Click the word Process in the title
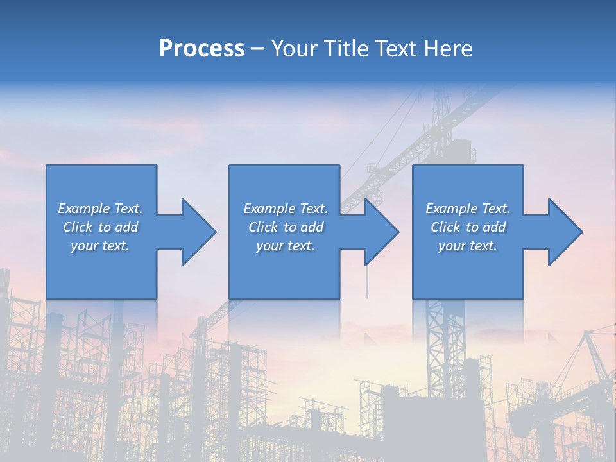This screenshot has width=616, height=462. pos(201,49)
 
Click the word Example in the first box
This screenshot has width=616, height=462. pos(83,209)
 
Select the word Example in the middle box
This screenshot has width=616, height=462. pos(269,209)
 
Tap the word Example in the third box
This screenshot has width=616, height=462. pos(451,209)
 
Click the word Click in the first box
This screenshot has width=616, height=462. pos(77,227)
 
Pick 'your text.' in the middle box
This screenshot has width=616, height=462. pos(285,246)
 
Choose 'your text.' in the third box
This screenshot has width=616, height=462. pos(467,246)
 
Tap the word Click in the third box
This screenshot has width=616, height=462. pos(445,227)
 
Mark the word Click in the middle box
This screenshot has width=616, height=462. pos(263,227)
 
